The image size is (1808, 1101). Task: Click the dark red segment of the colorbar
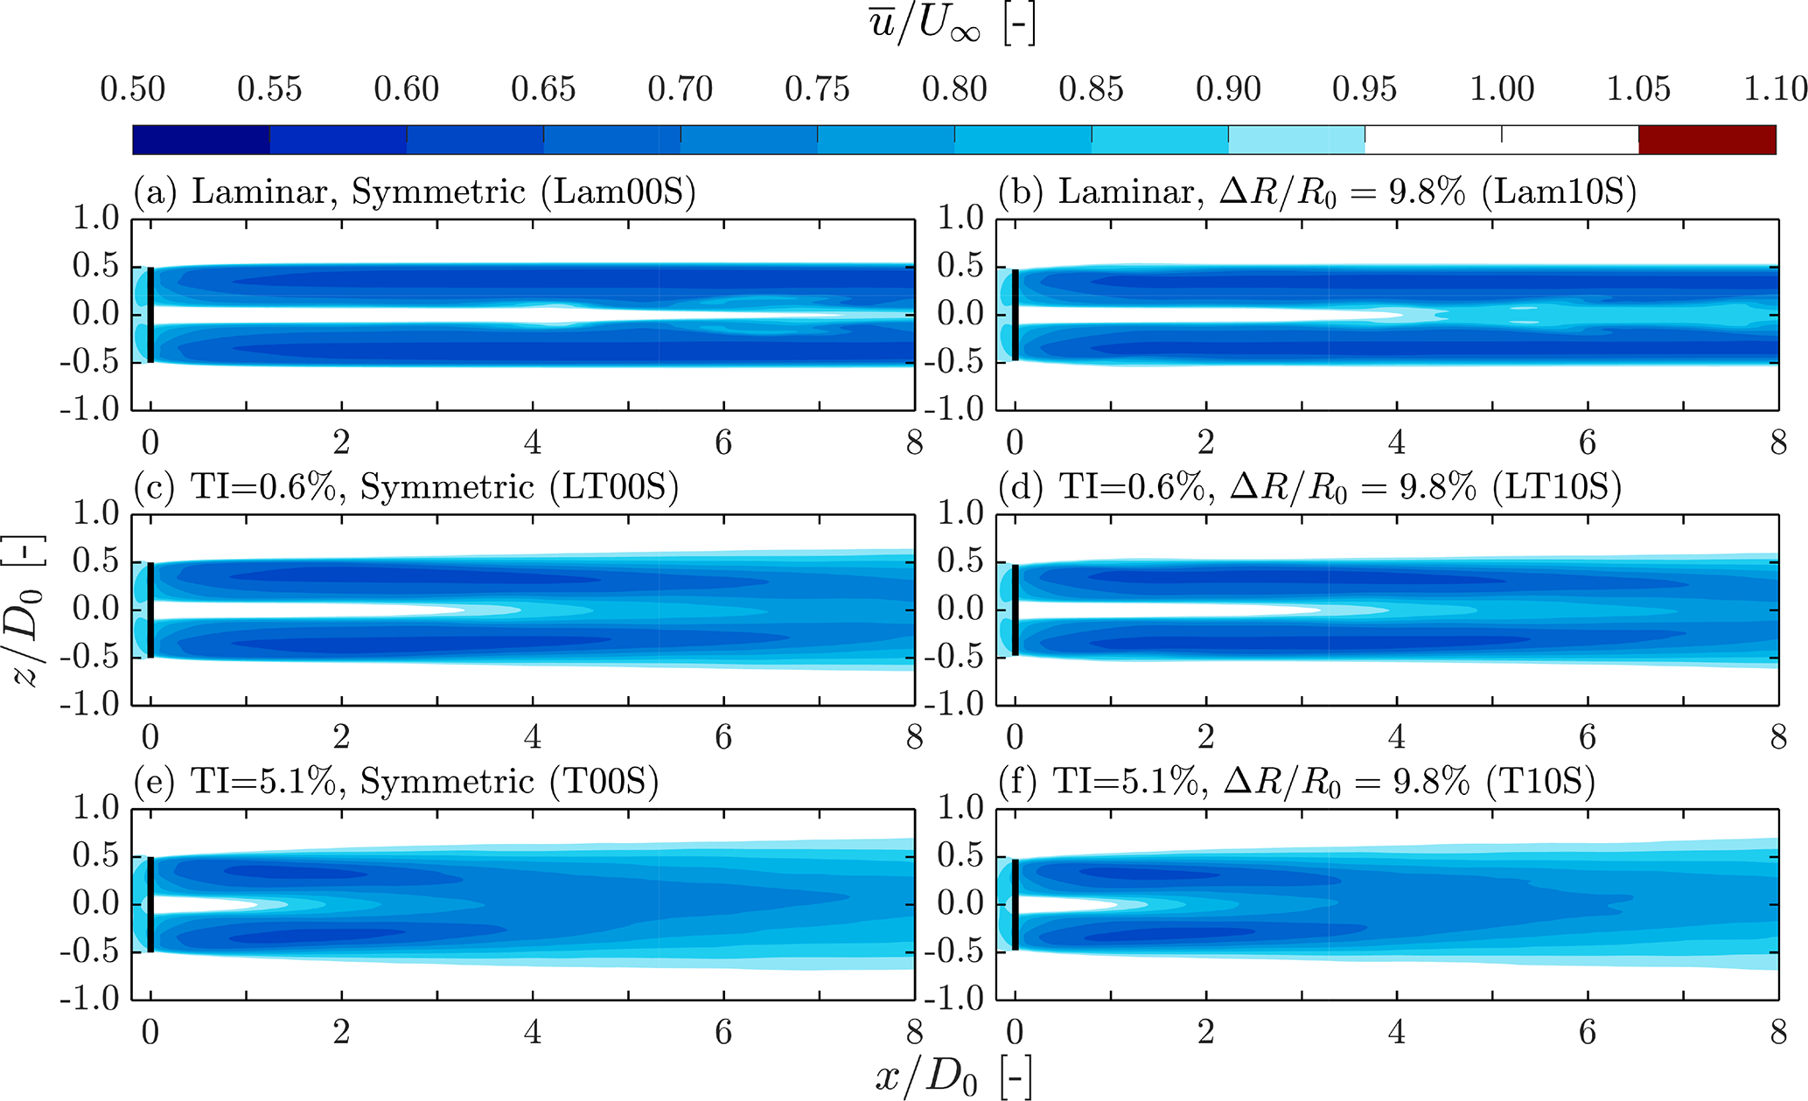tap(1707, 140)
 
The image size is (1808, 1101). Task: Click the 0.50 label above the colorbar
tap(133, 89)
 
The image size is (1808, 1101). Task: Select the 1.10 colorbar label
tap(1775, 89)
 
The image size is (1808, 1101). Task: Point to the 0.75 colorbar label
tap(817, 89)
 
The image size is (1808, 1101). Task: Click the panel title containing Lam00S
tap(415, 192)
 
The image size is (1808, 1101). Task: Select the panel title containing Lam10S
tap(1316, 192)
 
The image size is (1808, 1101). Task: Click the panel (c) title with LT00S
tap(407, 486)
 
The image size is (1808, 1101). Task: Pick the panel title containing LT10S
tap(1309, 486)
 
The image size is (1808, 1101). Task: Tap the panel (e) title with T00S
tap(396, 781)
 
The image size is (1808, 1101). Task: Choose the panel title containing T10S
tap(1296, 781)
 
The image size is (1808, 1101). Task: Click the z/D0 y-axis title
tap(27, 610)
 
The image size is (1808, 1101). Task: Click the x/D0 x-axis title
tap(953, 1077)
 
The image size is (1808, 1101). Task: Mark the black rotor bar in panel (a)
tap(150, 315)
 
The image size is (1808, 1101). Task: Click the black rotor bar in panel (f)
tap(1016, 904)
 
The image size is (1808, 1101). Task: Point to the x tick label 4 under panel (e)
tap(533, 1033)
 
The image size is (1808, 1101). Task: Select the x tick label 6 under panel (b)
tap(1588, 443)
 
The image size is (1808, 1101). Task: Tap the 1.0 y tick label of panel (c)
tap(96, 513)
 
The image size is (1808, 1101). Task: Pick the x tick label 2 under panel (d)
tap(1206, 738)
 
